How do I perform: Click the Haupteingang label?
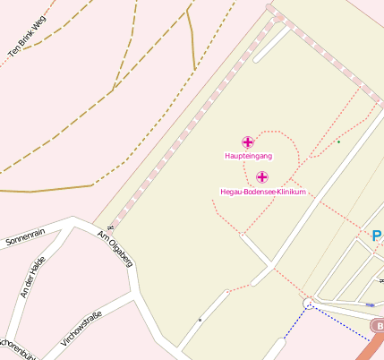(248, 156)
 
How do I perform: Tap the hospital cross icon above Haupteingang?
(248, 141)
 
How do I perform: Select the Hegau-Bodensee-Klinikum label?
(264, 192)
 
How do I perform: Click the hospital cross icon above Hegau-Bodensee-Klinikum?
(262, 177)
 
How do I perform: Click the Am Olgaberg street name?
(115, 249)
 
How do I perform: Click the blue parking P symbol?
(377, 236)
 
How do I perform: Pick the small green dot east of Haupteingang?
(338, 141)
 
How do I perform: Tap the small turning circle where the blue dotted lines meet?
(309, 304)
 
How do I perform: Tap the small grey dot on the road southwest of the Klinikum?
(200, 320)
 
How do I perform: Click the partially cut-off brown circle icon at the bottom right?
(378, 326)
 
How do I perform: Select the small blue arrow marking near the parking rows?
(371, 305)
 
